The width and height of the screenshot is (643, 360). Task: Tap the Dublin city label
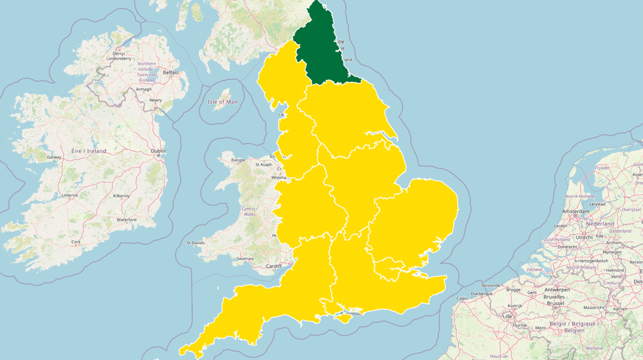point(158,151)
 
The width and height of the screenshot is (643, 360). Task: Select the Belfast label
point(171,73)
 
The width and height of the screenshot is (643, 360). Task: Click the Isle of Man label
point(222,102)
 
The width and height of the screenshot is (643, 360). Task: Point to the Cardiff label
point(274,266)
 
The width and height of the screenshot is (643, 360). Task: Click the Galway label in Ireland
point(54,157)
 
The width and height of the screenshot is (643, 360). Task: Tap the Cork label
point(76,242)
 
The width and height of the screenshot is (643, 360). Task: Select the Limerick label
point(70,195)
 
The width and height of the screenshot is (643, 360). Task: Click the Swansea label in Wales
point(245,258)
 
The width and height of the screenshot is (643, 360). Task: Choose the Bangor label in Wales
point(238,160)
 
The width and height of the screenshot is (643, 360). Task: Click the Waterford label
point(126,220)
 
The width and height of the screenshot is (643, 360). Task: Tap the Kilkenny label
point(121,195)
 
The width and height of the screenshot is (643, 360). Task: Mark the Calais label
point(463,298)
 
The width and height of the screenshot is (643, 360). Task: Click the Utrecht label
point(566,237)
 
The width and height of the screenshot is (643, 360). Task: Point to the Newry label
point(156,100)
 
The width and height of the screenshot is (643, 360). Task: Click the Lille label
point(507,316)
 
